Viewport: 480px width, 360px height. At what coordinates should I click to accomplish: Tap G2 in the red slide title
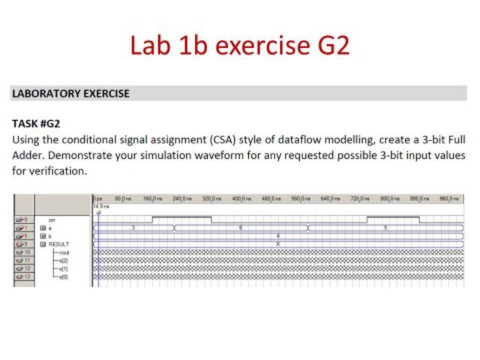click(330, 45)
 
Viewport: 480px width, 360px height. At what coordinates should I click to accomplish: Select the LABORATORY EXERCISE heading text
click(71, 94)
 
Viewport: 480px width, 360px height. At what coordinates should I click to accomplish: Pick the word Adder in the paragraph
click(28, 155)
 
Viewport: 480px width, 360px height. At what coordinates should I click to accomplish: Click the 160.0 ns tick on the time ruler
click(153, 198)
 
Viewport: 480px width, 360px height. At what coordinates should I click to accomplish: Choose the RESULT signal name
click(58, 244)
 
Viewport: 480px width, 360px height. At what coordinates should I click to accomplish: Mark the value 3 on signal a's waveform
click(133, 226)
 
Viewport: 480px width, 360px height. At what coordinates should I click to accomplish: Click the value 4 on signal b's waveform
click(278, 235)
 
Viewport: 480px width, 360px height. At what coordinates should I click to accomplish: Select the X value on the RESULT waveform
click(278, 244)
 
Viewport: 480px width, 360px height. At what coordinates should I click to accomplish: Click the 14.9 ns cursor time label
click(100, 205)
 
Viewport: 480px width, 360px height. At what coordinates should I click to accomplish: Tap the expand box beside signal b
click(43, 235)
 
